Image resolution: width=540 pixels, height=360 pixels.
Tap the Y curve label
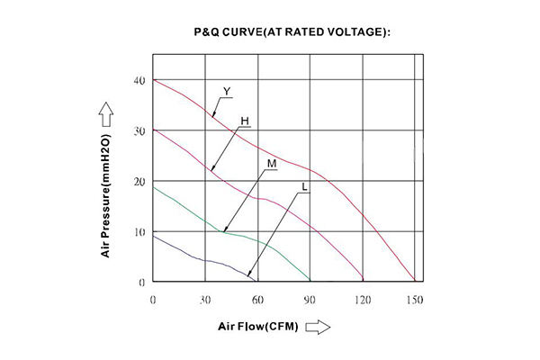pyautogui.click(x=227, y=90)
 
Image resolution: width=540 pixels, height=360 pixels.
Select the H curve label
pyautogui.click(x=245, y=121)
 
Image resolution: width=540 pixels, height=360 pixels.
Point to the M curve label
pyautogui.click(x=271, y=165)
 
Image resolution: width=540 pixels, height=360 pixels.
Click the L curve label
pyautogui.click(x=306, y=187)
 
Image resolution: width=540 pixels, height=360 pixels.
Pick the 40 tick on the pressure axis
pyautogui.click(x=139, y=81)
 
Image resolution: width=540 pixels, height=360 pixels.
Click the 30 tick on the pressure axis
pyautogui.click(x=139, y=131)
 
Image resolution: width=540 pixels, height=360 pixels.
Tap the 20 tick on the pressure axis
pyautogui.click(x=139, y=182)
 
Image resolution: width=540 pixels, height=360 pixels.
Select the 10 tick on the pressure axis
pyautogui.click(x=139, y=232)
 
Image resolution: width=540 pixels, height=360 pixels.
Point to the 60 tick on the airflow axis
pyautogui.click(x=257, y=300)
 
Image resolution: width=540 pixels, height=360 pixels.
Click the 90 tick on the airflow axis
pyautogui.click(x=310, y=300)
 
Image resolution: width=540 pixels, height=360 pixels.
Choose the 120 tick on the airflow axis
pyautogui.click(x=363, y=300)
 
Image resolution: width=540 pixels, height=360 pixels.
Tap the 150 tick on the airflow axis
pyautogui.click(x=415, y=300)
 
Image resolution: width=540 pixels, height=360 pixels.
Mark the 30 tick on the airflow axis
pyautogui.click(x=205, y=300)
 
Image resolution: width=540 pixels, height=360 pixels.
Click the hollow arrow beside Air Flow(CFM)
pyautogui.click(x=318, y=328)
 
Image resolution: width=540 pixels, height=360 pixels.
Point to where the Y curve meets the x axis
pyautogui.click(x=415, y=282)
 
